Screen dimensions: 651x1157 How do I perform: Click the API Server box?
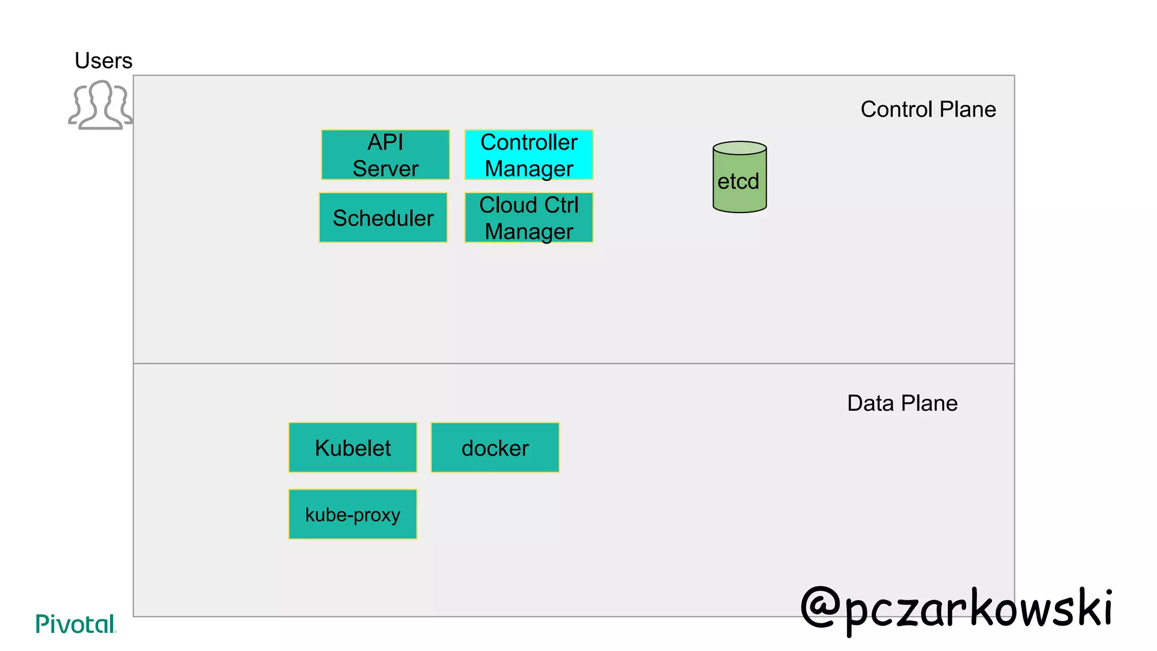coord(385,155)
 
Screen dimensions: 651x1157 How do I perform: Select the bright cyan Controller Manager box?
coord(529,155)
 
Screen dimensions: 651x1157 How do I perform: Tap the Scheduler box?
coord(383,218)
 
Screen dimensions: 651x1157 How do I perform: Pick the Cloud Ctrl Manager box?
coord(529,218)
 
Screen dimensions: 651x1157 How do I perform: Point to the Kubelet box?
coord(353,448)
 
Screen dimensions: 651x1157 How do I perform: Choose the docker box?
coord(495,448)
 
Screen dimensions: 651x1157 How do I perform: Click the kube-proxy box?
coord(353,514)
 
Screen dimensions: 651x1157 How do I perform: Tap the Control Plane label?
coord(928,109)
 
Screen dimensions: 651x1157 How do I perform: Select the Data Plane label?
coord(902,403)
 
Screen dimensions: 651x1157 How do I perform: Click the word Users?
coord(103,60)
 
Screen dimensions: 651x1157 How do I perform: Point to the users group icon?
coord(101,105)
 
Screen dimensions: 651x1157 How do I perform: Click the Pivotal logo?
coord(75,624)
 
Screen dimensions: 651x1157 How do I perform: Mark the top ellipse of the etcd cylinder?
coord(740,148)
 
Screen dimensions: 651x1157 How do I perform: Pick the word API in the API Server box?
coord(385,142)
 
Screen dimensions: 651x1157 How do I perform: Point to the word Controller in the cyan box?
coord(529,142)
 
